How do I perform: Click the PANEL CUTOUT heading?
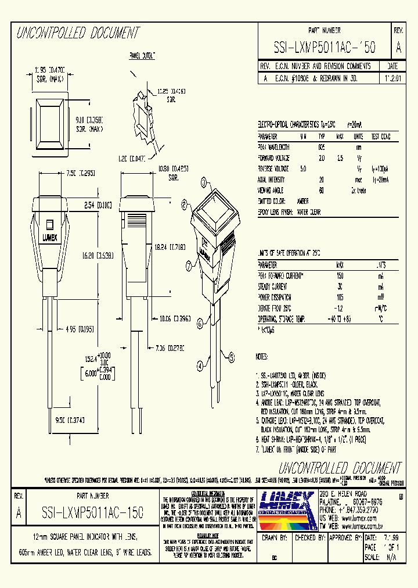145,55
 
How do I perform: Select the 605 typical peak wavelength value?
321,147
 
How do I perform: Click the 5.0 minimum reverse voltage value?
302,168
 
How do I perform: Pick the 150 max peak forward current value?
340,275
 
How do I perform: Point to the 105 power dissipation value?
340,297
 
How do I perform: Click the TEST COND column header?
381,137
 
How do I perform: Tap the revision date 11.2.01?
392,77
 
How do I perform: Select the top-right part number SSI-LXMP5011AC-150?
324,48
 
